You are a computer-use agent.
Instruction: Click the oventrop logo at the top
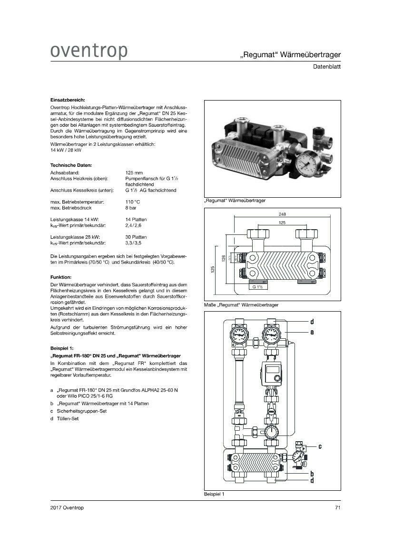point(89,51)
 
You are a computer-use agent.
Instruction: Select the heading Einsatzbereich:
point(68,100)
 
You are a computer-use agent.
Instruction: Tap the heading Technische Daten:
point(71,165)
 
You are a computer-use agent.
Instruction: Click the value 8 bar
point(131,208)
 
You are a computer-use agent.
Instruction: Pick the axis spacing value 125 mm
point(134,172)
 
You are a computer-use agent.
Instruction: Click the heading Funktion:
point(61,277)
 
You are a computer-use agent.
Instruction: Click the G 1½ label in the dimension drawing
point(258,287)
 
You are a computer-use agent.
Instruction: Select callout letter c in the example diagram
point(320,446)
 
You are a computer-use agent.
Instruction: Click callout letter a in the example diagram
point(312,332)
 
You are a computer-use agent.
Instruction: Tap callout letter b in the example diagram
point(312,474)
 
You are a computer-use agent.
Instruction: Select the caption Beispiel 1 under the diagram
point(214,494)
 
